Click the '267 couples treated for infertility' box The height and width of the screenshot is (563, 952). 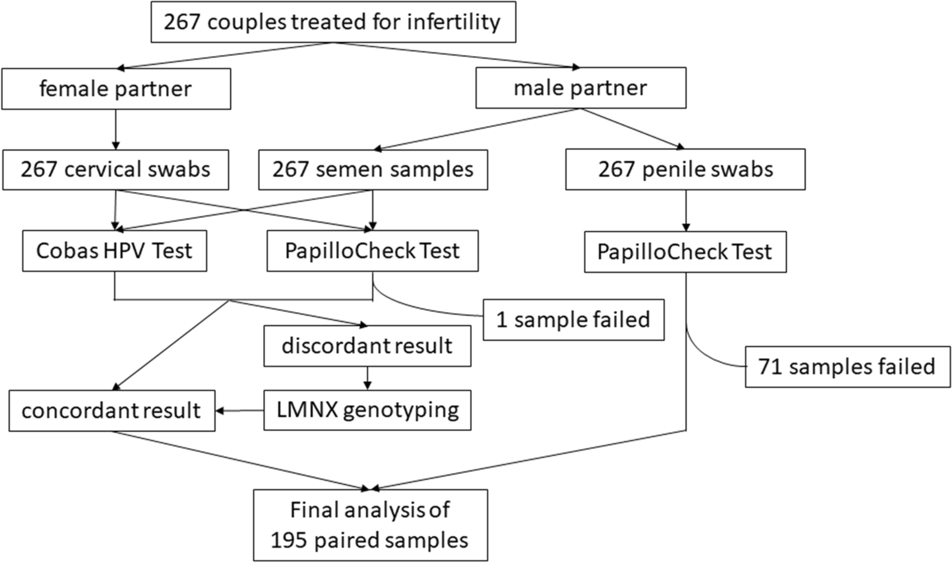tap(333, 23)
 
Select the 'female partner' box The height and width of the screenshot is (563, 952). tap(116, 89)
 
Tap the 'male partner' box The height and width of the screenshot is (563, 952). tap(581, 88)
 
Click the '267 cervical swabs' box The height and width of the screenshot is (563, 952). tap(116, 170)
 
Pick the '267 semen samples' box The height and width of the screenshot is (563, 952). tap(373, 170)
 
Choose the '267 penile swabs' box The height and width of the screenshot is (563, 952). tap(685, 170)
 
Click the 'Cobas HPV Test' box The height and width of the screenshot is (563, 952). tap(114, 251)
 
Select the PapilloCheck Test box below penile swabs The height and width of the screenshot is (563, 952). tap(685, 252)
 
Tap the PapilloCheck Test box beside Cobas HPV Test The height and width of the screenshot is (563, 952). tap(372, 251)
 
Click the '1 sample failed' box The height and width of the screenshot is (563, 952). tap(573, 320)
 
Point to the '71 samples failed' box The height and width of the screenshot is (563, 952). tap(847, 366)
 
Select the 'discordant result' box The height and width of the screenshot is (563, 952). tap(367, 346)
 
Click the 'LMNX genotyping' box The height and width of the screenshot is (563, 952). tap(367, 410)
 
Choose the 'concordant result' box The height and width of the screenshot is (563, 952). tap(112, 411)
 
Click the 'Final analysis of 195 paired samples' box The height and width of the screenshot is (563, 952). tap(370, 525)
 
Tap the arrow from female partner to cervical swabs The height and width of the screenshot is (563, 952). tap(116, 129)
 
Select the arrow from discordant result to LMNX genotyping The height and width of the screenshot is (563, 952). tap(367, 378)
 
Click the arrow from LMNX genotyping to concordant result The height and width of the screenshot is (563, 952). tap(239, 411)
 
